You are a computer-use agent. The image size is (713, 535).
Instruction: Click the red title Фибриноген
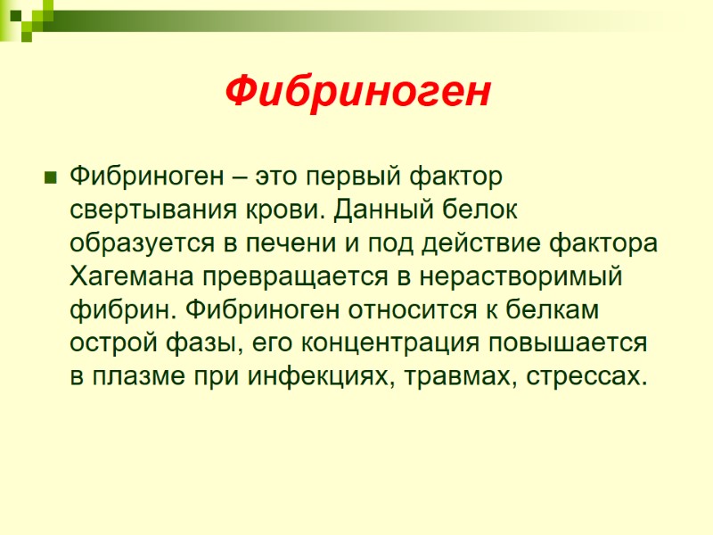[356, 91]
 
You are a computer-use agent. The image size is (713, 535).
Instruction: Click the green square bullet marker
[50, 175]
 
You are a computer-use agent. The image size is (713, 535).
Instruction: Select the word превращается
[291, 276]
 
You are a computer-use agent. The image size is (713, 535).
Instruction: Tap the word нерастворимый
[520, 276]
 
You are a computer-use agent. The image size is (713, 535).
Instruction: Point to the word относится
[435, 309]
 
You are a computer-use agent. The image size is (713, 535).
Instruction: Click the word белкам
[561, 309]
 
